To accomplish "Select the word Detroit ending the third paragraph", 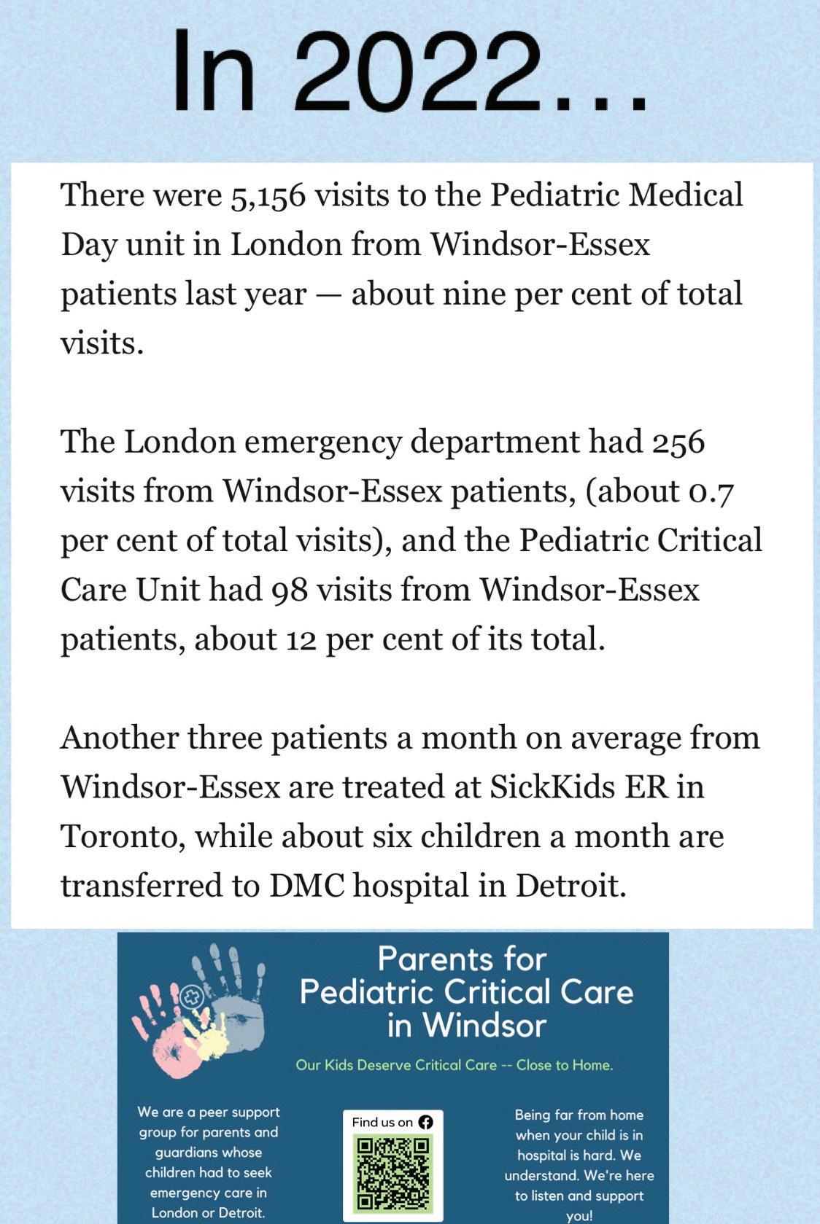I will (x=570, y=886).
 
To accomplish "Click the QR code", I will (x=393, y=1174).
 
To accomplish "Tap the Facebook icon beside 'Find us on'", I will (x=425, y=1122).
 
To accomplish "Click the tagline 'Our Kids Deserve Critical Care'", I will (x=396, y=1065).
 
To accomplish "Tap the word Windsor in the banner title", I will (x=484, y=1026).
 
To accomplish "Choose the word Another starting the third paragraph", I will (x=119, y=738).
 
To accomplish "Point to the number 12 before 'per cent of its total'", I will (x=301, y=640).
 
